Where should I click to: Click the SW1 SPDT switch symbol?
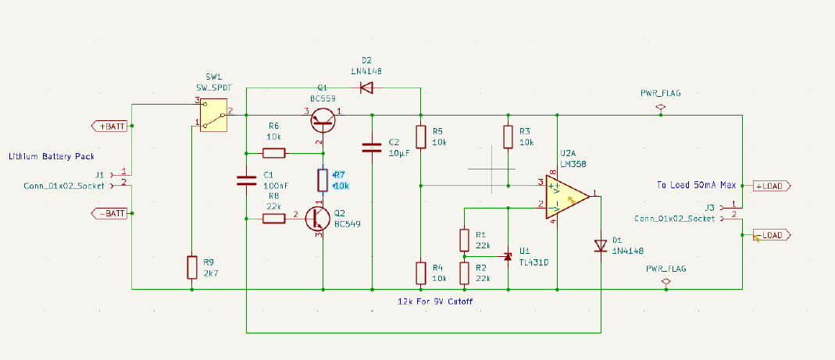(x=212, y=117)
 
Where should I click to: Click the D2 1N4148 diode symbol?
(x=366, y=87)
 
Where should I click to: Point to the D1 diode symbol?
(x=601, y=246)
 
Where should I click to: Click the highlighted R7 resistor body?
(x=322, y=180)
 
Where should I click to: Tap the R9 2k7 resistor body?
(x=191, y=268)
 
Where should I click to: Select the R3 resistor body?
(x=508, y=137)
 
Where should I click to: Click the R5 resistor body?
(x=420, y=137)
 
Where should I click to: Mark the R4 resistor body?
(x=420, y=273)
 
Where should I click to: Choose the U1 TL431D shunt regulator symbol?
(x=507, y=255)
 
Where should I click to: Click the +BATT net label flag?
(x=109, y=126)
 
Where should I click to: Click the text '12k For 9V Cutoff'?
(x=436, y=301)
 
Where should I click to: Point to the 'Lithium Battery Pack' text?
(x=52, y=157)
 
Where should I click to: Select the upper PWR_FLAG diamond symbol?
(x=660, y=105)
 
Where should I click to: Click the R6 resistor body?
(x=274, y=152)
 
